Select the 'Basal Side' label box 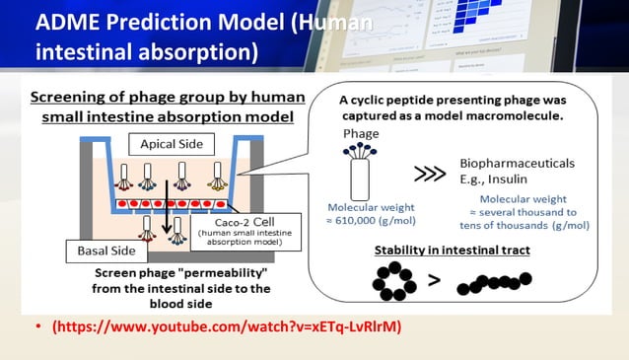[x=106, y=251]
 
